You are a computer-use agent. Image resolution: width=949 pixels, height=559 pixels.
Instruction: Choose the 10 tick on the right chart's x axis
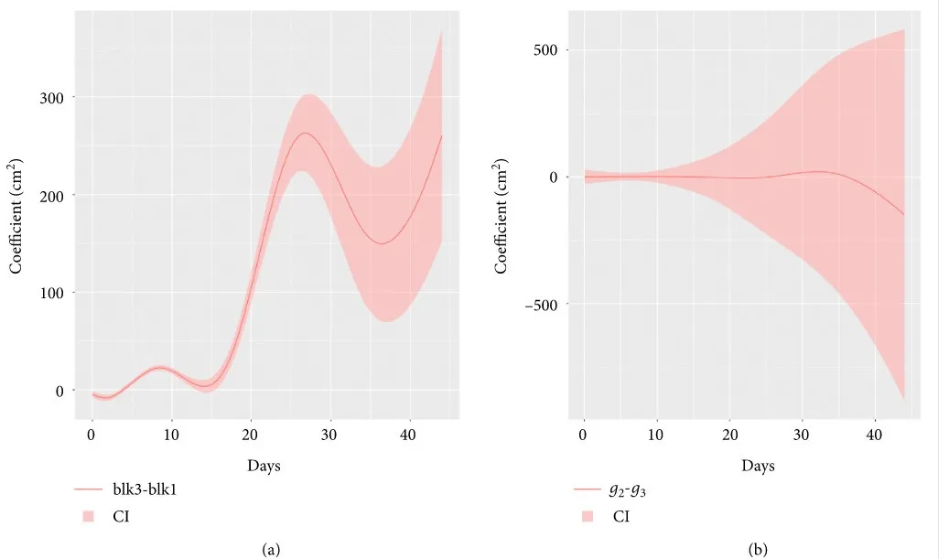tap(657, 433)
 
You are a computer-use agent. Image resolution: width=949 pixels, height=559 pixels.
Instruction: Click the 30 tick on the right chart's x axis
tap(803, 433)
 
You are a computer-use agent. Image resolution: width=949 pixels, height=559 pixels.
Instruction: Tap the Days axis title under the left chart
tap(264, 466)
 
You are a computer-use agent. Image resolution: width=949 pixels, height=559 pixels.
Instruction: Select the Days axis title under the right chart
tap(758, 466)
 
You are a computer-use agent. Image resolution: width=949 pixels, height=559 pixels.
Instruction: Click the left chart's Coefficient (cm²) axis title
tap(16, 215)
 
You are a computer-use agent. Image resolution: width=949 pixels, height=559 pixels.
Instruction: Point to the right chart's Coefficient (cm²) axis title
tap(501, 215)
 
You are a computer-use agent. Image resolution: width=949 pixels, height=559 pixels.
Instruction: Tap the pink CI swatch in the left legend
tap(88, 517)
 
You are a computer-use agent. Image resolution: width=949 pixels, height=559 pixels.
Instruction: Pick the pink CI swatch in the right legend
tap(587, 517)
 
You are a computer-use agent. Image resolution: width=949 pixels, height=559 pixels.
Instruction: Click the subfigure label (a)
tap(270, 549)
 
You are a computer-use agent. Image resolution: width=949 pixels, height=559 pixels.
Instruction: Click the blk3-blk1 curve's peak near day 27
tap(305, 134)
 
